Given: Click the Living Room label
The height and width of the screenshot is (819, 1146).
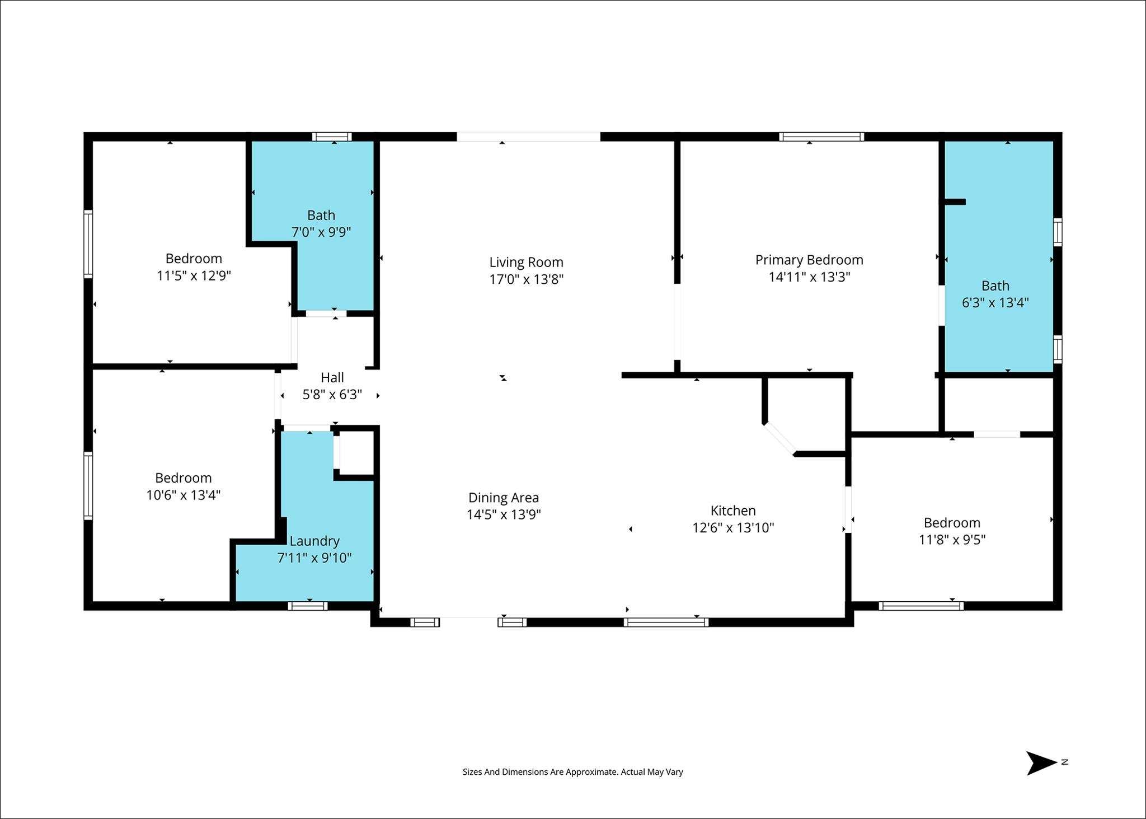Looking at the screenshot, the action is pos(526,262).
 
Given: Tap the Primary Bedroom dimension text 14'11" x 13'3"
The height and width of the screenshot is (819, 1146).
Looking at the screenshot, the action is pos(809,277).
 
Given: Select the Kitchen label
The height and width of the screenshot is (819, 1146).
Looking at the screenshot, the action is pos(733,511).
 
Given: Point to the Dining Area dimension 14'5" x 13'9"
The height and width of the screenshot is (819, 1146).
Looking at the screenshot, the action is pos(504,514).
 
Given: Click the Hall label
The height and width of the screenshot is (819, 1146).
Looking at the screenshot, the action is pos(332,377).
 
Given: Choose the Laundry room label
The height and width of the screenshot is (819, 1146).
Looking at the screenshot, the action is pos(314,541).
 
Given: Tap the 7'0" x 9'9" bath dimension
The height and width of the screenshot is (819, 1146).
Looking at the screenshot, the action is pos(321,232).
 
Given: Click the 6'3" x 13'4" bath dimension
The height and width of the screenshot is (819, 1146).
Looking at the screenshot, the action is pos(995,303).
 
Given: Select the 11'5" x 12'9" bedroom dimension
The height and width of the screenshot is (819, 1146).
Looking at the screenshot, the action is pos(194,275).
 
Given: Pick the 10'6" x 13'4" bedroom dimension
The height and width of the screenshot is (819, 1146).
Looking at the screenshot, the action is pos(184,495).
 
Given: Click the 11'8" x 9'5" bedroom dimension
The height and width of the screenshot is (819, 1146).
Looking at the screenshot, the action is pos(952,540).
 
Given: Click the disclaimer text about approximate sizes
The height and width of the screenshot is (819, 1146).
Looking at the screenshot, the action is pos(572,772).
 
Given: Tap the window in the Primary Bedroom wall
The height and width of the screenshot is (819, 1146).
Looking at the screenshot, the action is pos(821,137).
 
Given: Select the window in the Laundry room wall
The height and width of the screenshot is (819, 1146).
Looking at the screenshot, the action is pos(308,606).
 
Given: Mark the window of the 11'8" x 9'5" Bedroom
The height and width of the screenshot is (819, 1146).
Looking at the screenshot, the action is pos(921,606).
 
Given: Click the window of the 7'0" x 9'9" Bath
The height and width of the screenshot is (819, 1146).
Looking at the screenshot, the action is pos(332,137).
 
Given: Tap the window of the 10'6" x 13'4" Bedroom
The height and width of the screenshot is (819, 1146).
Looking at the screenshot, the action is pos(88,486).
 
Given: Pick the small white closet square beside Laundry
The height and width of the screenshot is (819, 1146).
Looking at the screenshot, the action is pos(356,452).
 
